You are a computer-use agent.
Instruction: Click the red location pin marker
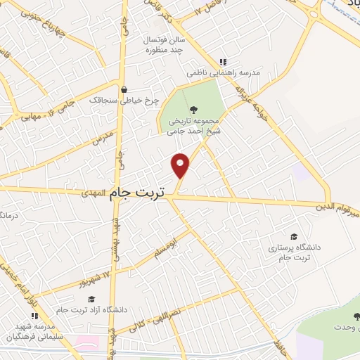[181, 165]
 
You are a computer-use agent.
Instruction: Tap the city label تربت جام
[141, 198]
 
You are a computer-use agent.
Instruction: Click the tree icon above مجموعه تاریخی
[194, 109]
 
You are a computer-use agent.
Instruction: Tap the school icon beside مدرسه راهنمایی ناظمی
[224, 61]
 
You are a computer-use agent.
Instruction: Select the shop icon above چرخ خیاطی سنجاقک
[124, 89]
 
